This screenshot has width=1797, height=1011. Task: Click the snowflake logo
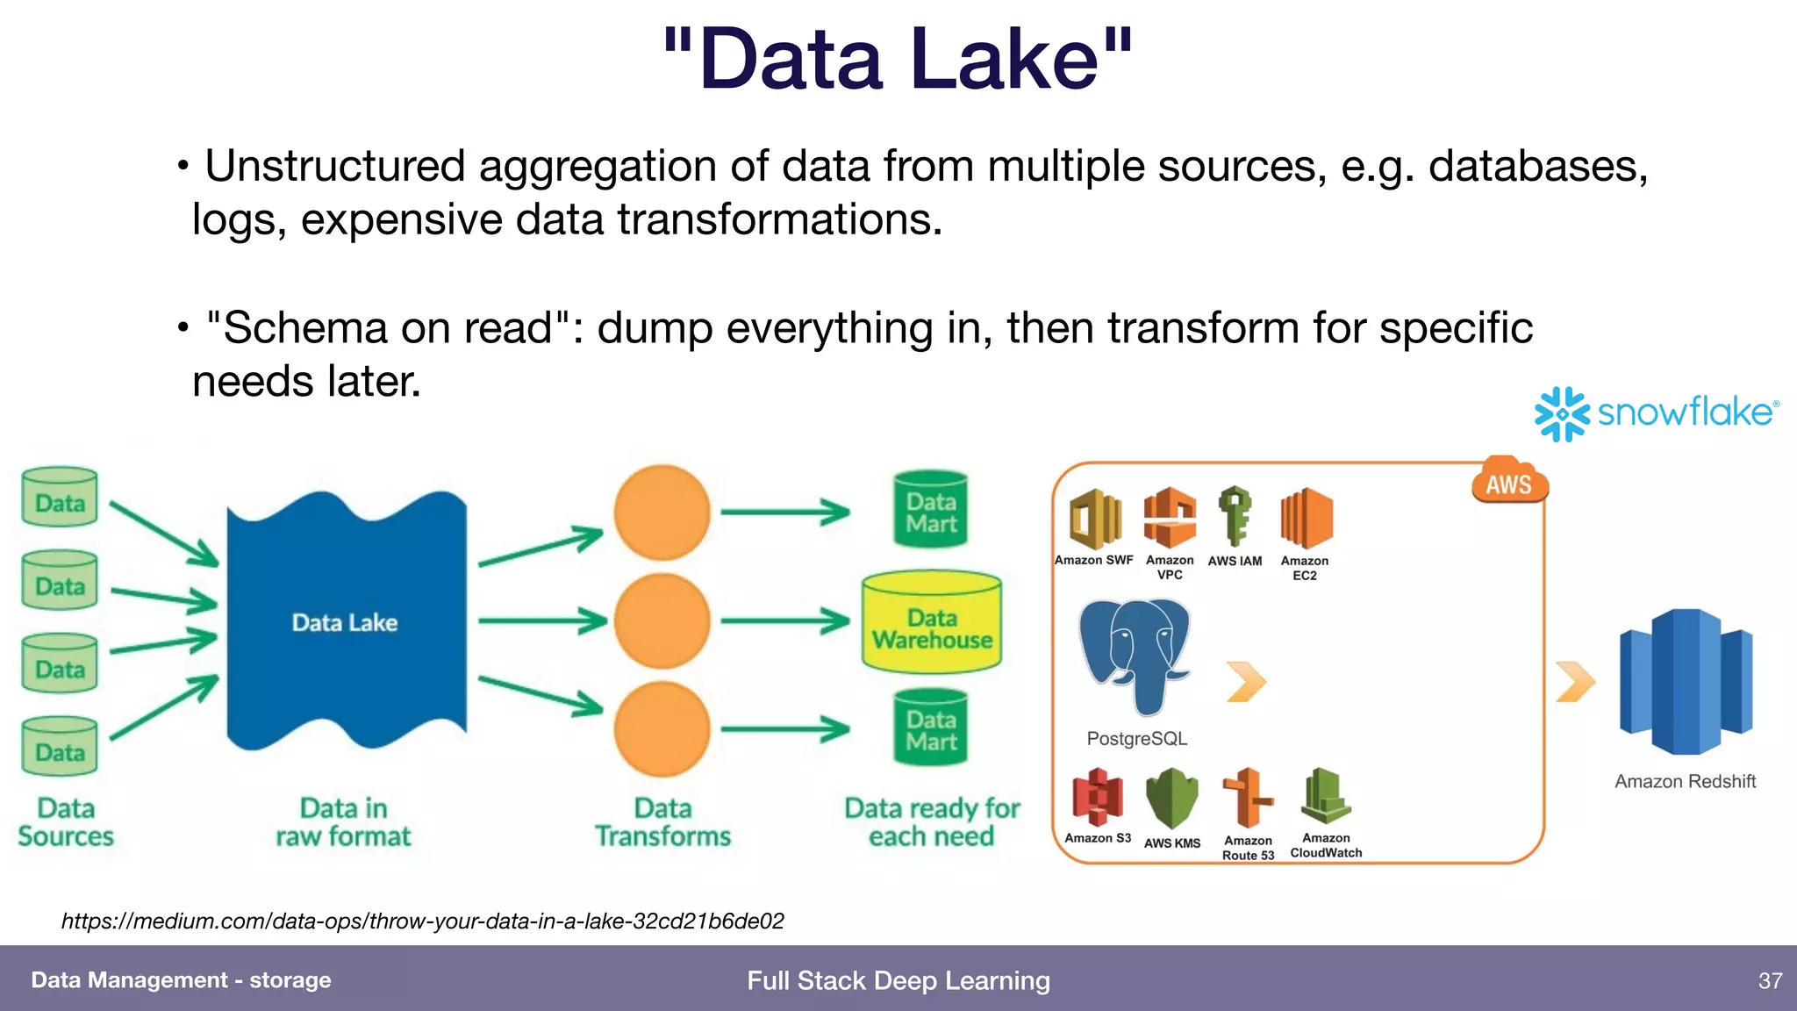point(1655,413)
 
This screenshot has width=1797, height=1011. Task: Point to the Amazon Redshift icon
point(1685,682)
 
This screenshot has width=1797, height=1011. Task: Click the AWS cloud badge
point(1509,482)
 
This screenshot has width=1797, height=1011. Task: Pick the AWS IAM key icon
point(1235,516)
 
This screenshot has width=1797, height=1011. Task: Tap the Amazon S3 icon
point(1097,797)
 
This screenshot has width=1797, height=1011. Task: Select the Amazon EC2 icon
point(1306,518)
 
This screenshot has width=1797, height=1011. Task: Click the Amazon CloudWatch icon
point(1326,796)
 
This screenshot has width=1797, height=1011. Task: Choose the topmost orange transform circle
point(662,513)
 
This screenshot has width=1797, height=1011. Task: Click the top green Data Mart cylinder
point(931,511)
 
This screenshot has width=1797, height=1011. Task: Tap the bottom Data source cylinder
point(60,747)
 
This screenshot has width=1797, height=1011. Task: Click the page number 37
point(1770,980)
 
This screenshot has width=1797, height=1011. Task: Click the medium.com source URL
point(422,921)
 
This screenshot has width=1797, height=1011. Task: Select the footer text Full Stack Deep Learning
point(898,980)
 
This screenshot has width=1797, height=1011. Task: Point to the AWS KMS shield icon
point(1172,798)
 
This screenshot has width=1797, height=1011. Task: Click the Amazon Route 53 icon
point(1248,798)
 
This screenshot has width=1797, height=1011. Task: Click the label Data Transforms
point(662,822)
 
